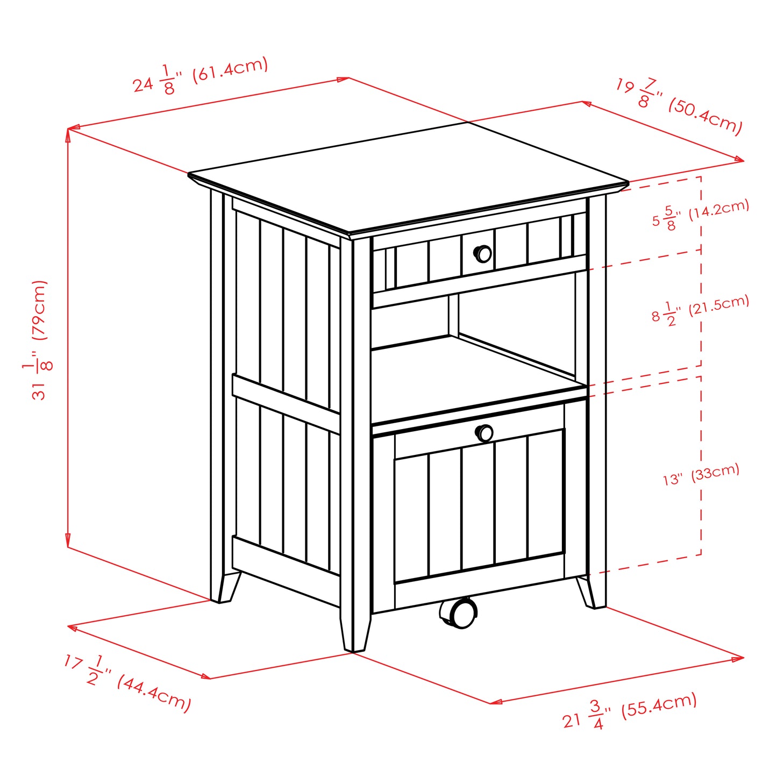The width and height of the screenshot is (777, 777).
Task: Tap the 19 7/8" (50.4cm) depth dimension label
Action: coord(679,107)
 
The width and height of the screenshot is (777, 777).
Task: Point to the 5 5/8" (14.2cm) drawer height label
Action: coord(701,214)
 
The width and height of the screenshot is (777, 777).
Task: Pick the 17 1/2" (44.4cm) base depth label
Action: coord(127,683)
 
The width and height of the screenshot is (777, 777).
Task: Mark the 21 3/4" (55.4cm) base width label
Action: coord(630,711)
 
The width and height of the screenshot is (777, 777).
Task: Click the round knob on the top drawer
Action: coord(483,253)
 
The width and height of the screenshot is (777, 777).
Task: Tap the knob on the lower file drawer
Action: coord(484,433)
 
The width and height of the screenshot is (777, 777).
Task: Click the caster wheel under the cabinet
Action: coord(459,613)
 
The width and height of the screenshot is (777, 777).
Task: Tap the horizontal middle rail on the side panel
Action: coord(286,403)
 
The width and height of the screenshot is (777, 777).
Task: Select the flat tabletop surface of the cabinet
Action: coord(409,177)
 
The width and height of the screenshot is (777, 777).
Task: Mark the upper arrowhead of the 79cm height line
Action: coord(68,134)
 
